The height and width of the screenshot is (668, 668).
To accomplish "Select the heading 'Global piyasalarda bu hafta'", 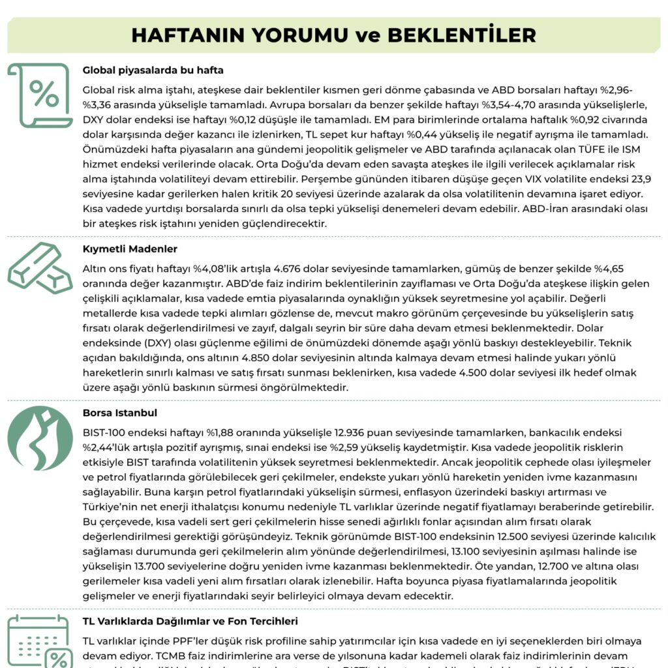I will pyautogui.click(x=153, y=70).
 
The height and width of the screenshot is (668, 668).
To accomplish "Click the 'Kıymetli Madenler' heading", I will pyautogui.click(x=130, y=249).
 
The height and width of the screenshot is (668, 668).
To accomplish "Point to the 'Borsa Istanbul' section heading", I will pyautogui.click(x=120, y=413).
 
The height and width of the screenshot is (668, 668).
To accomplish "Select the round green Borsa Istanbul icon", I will pyautogui.click(x=40, y=438).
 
